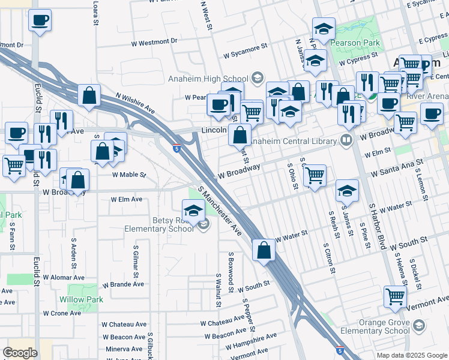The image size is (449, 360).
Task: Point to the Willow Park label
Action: [x=81, y=299]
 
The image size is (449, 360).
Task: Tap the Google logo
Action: [x=20, y=352]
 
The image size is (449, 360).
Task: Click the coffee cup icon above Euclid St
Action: [x=40, y=20]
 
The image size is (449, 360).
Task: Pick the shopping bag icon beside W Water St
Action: [x=264, y=250]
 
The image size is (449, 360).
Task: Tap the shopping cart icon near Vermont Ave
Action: [x=395, y=296]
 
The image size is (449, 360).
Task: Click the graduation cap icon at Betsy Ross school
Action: [x=193, y=211]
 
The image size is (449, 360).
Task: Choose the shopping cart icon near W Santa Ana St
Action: [x=315, y=175]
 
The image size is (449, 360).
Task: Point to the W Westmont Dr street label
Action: [x=155, y=42]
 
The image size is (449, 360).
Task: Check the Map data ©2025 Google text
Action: [x=411, y=355]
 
